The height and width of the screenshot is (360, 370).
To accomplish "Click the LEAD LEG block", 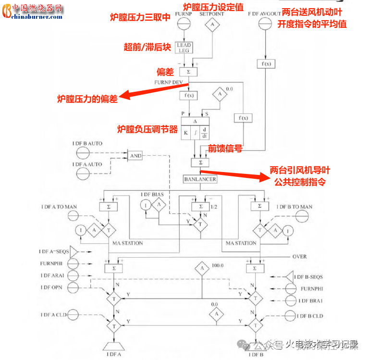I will click(x=184, y=48).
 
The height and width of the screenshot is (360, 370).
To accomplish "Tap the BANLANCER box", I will click(x=200, y=179).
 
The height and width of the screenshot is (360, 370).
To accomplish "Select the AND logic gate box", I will click(x=136, y=156).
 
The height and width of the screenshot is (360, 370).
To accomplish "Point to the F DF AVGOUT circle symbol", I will click(x=263, y=26).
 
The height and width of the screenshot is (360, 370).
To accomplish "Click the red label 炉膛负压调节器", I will click(x=147, y=129).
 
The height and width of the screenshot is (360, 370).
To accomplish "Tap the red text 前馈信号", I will click(x=224, y=149).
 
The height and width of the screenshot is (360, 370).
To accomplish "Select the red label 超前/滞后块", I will click(x=147, y=47).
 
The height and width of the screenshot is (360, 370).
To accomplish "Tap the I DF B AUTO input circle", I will click(x=82, y=152).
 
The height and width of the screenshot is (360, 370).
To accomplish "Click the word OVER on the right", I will click(x=299, y=257).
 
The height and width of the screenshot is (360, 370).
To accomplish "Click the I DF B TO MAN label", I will click(x=295, y=207).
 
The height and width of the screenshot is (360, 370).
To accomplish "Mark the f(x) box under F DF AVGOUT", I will click(x=264, y=64).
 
